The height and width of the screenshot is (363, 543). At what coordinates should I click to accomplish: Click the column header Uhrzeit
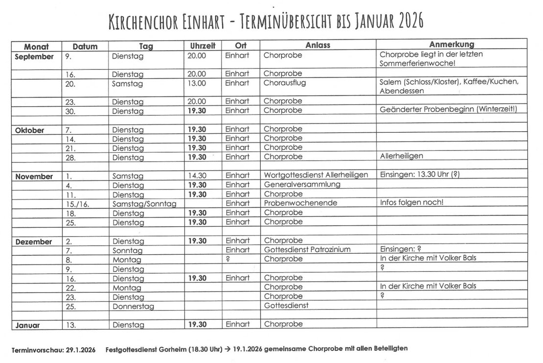tap(203, 46)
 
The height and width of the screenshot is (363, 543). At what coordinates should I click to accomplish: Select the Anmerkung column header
tap(452, 45)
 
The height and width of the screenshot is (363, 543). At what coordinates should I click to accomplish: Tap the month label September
tap(34, 56)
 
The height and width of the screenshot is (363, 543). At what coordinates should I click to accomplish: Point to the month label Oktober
tap(29, 130)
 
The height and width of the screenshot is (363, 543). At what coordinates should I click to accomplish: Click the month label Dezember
tap(33, 241)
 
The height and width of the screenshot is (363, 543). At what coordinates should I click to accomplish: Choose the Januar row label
tap(27, 325)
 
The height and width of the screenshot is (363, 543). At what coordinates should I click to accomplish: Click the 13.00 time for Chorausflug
tap(197, 83)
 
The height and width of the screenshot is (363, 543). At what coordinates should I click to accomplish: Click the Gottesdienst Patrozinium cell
tap(307, 250)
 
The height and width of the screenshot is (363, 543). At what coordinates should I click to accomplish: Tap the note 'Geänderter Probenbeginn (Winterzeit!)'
tap(448, 110)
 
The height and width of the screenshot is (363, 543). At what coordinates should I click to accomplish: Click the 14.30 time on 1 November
tap(197, 176)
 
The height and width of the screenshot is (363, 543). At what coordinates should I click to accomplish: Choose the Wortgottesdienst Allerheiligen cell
tap(316, 175)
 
